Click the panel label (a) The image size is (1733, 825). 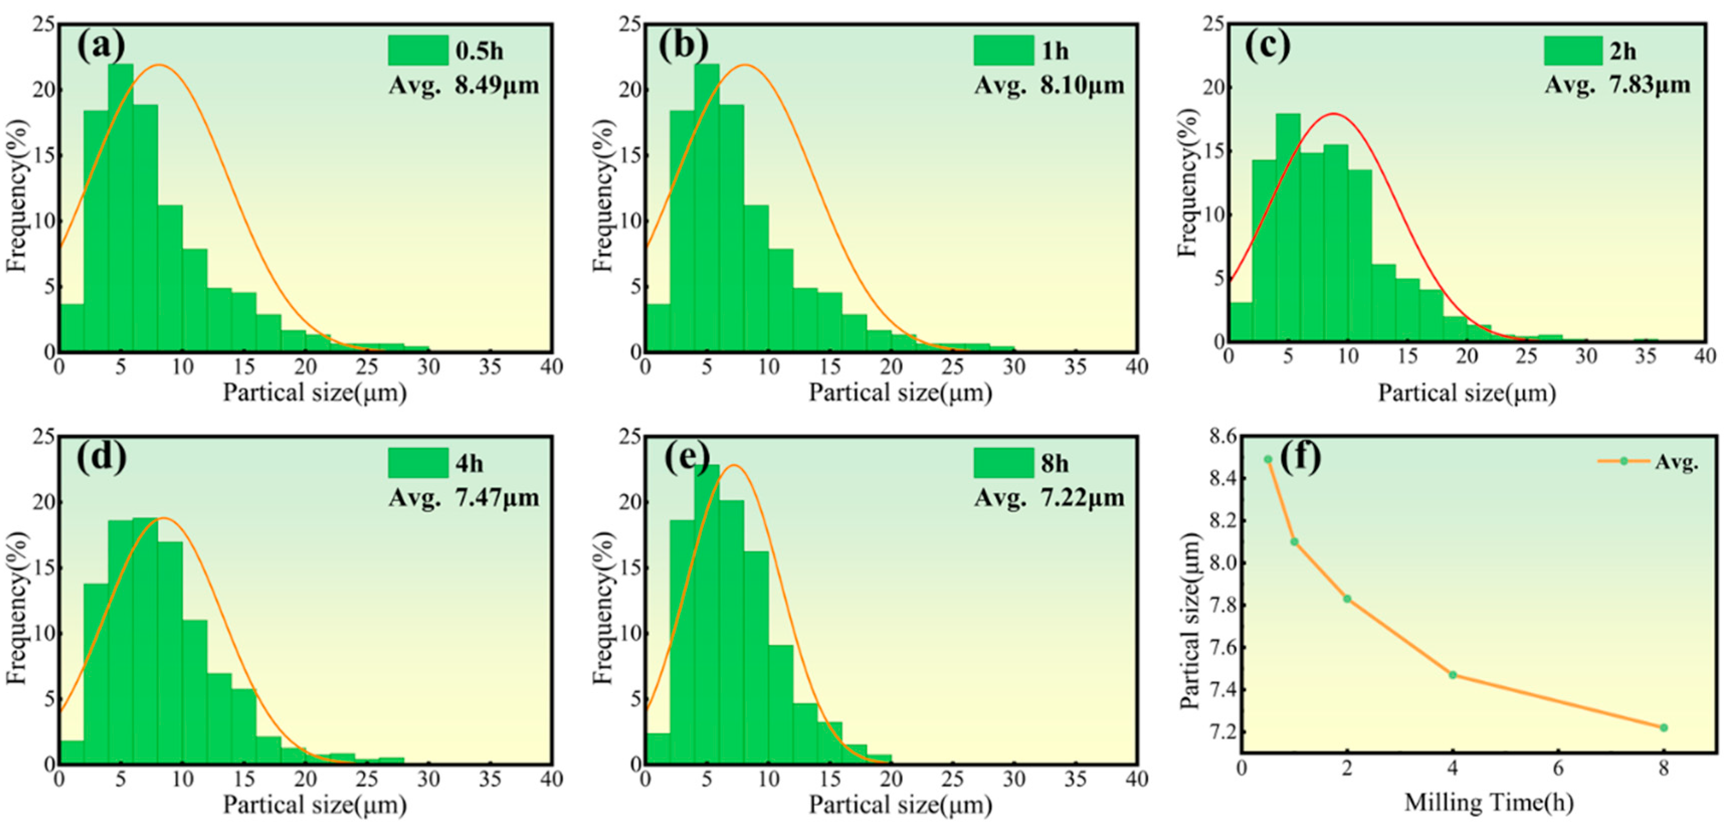(101, 46)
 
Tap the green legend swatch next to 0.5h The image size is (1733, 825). (418, 50)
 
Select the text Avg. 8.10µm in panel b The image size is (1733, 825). (1049, 85)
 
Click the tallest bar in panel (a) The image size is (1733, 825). (121, 202)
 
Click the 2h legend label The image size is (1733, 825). (1622, 51)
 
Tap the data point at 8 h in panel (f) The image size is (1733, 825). (1664, 727)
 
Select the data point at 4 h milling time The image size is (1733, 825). (1453, 674)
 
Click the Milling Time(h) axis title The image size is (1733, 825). (1488, 802)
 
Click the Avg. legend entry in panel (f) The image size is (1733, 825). (1676, 462)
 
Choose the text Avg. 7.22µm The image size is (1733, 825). (1049, 498)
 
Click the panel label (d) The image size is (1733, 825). (101, 457)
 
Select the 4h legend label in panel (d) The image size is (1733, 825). (469, 464)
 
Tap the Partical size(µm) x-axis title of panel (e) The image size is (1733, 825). (899, 805)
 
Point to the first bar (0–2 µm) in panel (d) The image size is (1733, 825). (72, 752)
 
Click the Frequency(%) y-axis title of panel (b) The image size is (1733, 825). (603, 195)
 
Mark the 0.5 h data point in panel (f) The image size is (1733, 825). (1268, 460)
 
